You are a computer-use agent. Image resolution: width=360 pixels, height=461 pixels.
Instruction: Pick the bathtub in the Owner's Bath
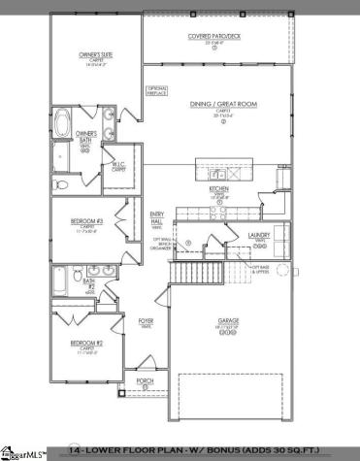click(x=63, y=124)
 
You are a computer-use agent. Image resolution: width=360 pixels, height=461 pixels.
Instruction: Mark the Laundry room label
click(x=258, y=236)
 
